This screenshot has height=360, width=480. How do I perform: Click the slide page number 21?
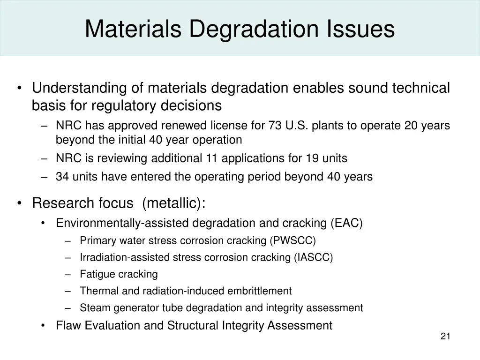tap(445, 336)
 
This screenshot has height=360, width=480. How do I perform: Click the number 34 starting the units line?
tap(62, 177)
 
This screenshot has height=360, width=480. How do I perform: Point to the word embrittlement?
tap(259, 291)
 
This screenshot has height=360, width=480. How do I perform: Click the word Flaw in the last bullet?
tap(67, 325)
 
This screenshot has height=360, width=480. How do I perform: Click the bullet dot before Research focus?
tap(19, 203)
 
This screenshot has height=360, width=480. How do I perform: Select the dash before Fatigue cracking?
tap(68, 274)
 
